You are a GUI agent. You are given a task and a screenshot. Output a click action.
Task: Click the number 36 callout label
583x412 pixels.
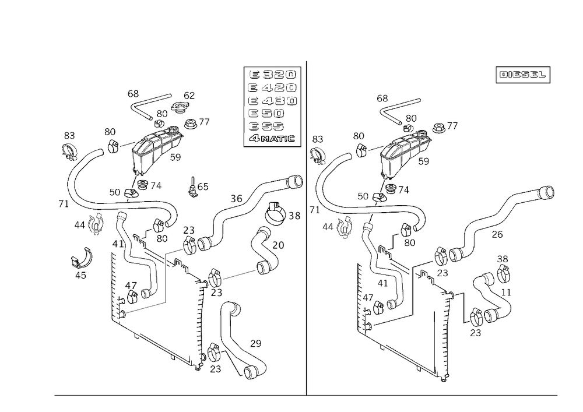236,199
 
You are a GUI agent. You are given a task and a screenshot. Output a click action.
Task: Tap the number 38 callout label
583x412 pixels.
294,216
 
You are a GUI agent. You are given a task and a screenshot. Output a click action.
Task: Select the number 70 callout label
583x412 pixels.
279,246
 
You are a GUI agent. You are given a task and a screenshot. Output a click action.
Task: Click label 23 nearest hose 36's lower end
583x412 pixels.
189,230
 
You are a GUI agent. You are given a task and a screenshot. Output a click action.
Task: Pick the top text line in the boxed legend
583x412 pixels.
272,75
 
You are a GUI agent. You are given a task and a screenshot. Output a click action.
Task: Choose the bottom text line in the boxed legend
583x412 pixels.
272,139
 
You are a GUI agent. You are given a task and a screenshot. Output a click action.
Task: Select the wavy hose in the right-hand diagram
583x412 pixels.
507,210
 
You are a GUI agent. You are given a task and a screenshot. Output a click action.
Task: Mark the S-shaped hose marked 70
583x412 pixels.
265,245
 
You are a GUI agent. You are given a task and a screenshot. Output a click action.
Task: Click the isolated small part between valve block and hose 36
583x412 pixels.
198,188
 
